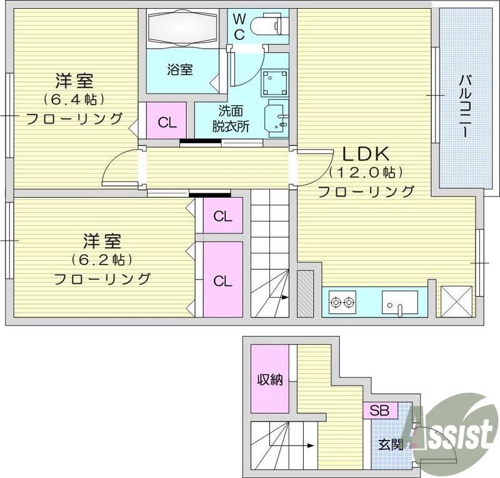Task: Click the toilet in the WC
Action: click(x=265, y=26)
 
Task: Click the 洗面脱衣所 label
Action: click(x=230, y=118)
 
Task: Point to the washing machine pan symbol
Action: click(x=274, y=81)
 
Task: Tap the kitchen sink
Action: click(x=399, y=302)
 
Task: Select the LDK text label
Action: click(x=366, y=153)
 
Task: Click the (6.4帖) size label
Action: click(x=74, y=99)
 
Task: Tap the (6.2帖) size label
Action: click(x=102, y=260)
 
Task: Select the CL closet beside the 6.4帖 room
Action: click(x=167, y=122)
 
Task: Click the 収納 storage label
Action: click(x=270, y=379)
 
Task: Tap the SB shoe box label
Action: click(x=379, y=411)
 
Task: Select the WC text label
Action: click(x=239, y=26)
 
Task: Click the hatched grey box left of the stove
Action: click(x=305, y=293)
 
